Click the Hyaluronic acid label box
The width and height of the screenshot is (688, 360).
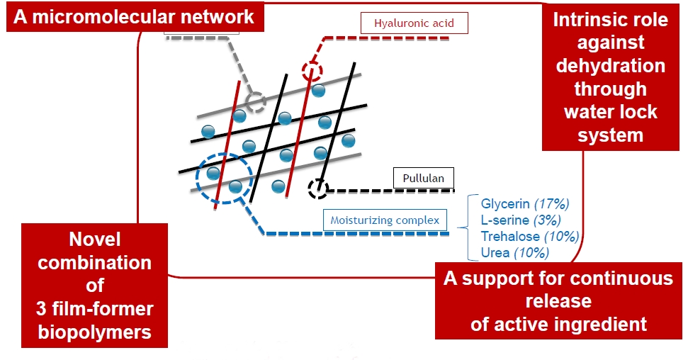[x=415, y=23]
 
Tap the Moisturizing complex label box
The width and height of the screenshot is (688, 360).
[x=385, y=220]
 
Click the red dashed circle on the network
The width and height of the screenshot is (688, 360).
[x=311, y=71]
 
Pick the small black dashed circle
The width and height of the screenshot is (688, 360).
[x=318, y=188]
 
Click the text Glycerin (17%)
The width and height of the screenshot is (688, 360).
[x=525, y=204]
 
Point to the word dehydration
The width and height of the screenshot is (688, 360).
[x=610, y=66]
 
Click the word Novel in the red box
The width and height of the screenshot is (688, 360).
[x=95, y=239]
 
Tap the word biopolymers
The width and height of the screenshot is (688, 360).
[x=95, y=332]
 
